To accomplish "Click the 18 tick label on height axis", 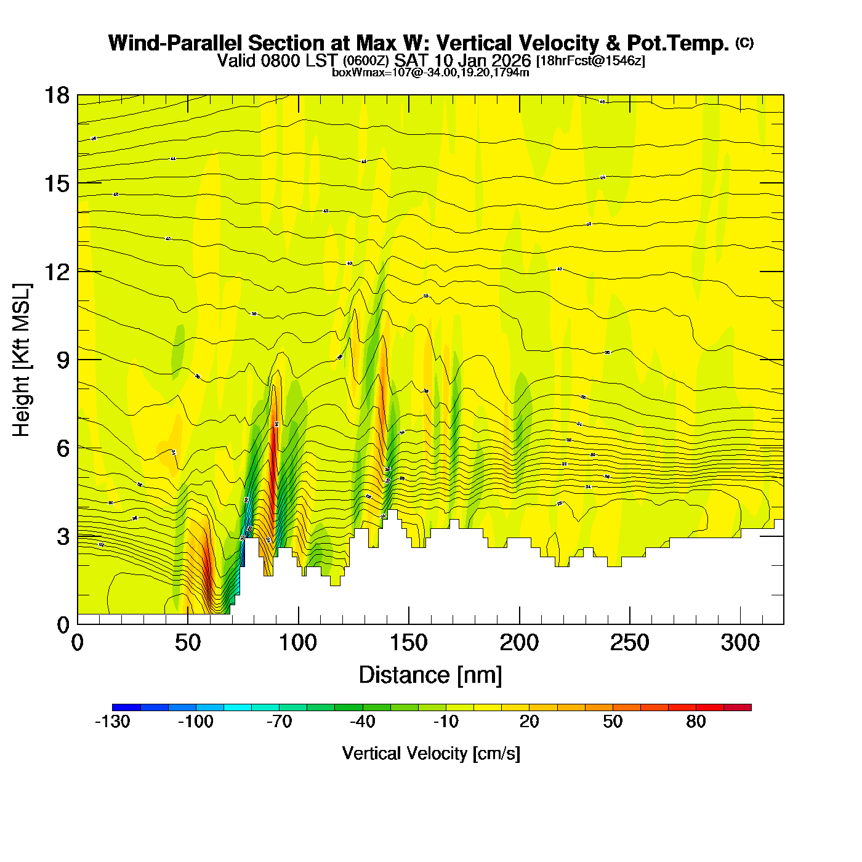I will [57, 95].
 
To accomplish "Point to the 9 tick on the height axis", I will [63, 360].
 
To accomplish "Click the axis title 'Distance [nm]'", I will [430, 675].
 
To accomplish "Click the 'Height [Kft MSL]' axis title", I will [22, 360].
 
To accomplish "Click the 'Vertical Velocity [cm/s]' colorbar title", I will [431, 754].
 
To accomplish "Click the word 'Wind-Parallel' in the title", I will [176, 44].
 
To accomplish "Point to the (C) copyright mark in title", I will [744, 42].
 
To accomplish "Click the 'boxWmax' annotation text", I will [350, 73].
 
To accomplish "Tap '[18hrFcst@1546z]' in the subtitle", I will [590, 61].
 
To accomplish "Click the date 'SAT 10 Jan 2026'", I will [462, 60].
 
